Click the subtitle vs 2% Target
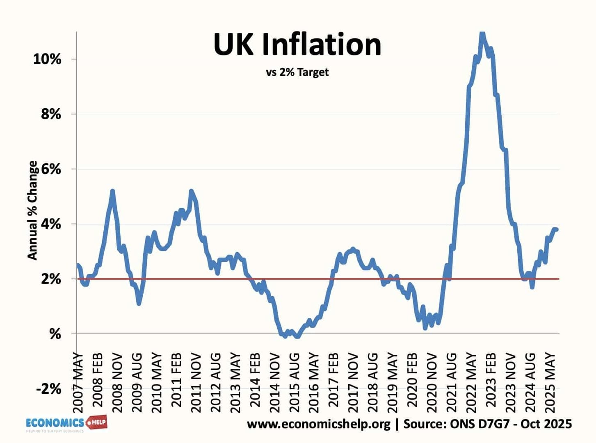click(297, 72)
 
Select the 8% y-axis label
click(51, 114)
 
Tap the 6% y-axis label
click(51, 169)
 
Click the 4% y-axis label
click(51, 224)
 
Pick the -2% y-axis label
click(49, 389)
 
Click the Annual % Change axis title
click(32, 210)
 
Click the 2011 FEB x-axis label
click(176, 380)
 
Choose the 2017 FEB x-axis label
click(333, 380)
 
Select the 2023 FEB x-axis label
click(491, 380)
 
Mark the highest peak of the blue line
click(482, 34)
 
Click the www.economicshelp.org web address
click(318, 424)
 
